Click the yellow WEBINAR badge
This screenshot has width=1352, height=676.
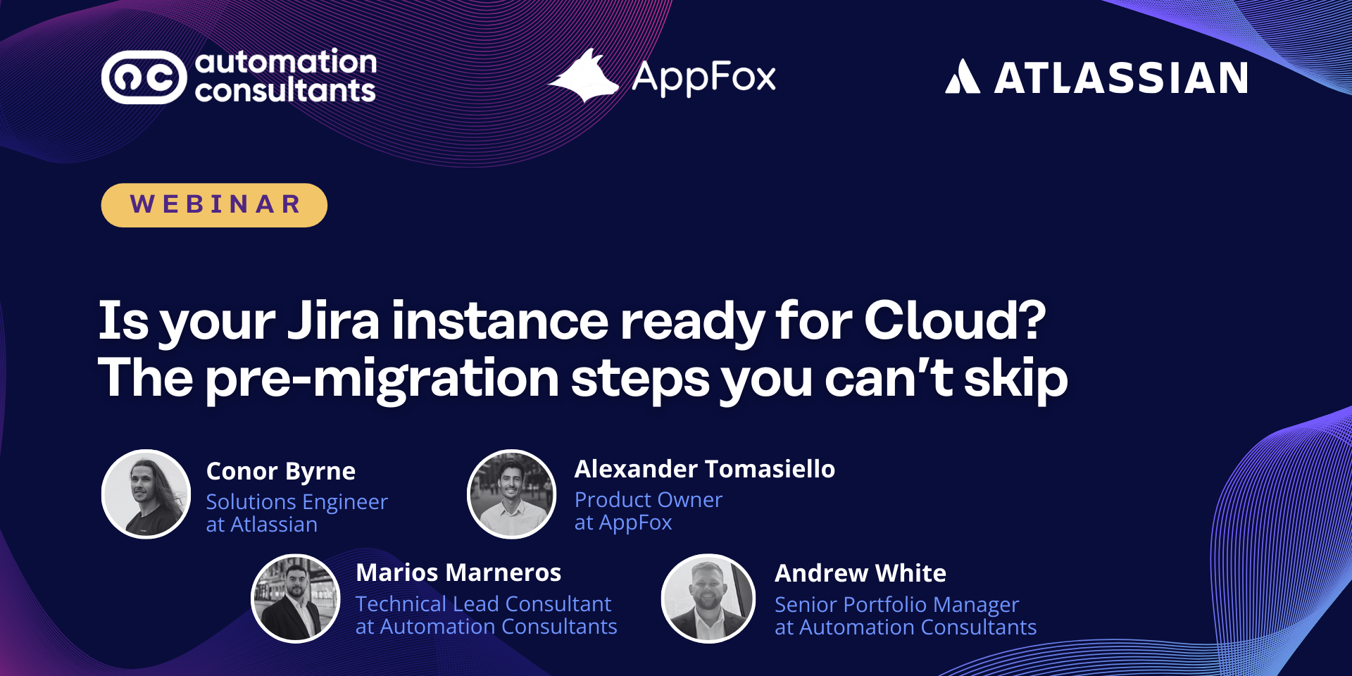214,205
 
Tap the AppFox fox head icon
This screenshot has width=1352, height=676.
584,76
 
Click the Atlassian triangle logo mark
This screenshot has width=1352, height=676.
962,77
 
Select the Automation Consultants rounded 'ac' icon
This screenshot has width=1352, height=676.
144,77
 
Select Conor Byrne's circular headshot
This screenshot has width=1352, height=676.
146,494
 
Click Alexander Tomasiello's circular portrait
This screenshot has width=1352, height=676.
512,494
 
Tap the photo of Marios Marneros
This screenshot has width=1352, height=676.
296,599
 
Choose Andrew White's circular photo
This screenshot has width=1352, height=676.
708,599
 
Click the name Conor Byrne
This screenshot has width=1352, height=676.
281,472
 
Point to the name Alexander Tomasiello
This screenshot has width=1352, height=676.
705,469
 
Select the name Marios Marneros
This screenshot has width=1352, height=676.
458,572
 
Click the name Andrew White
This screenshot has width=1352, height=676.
860,573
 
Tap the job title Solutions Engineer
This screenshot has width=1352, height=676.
297,502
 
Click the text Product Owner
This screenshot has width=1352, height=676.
649,499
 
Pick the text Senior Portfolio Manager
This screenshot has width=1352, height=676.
897,605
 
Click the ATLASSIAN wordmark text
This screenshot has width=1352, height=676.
1121,77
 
